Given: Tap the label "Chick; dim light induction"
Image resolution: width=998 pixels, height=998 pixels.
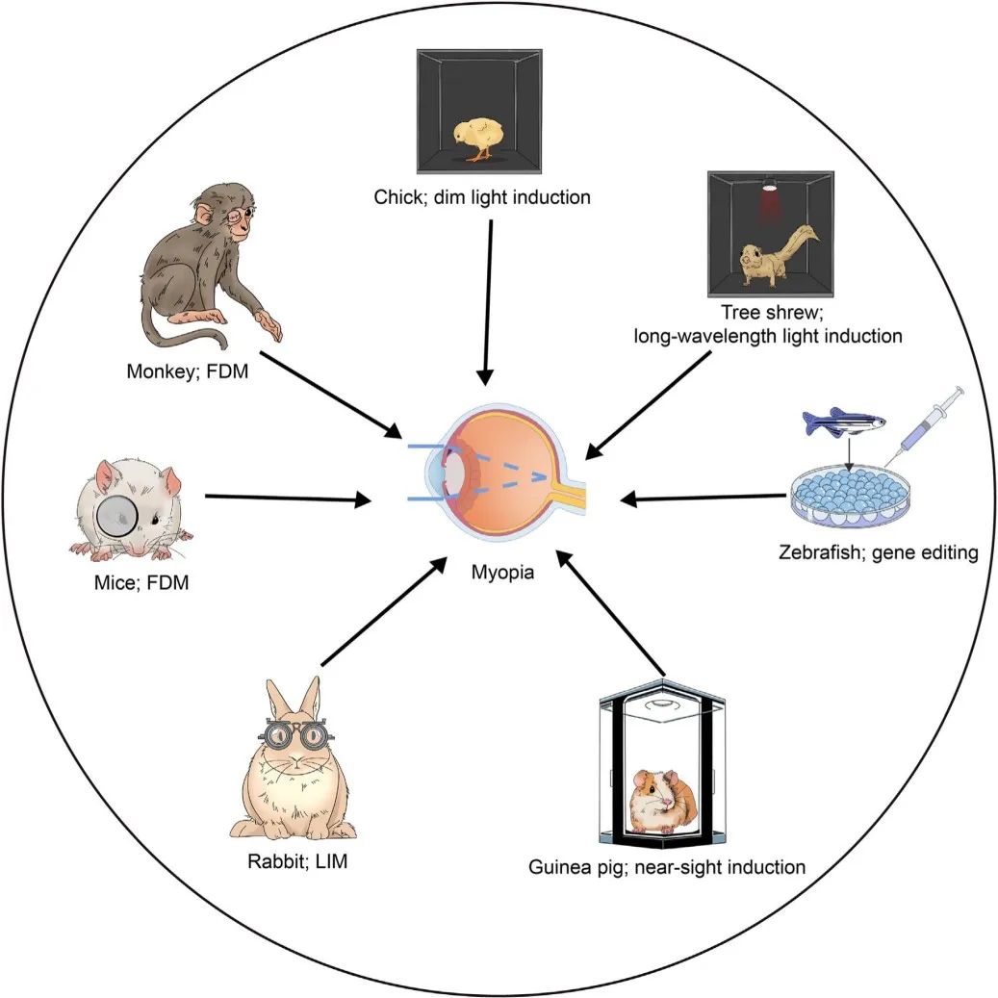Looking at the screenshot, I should pos(482,198).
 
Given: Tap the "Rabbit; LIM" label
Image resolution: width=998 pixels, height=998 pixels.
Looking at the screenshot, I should pos(296,861).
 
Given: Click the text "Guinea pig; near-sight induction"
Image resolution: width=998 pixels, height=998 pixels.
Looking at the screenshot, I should pos(667,867).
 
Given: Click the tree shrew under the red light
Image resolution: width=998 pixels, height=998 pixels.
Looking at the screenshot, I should pos(775,256).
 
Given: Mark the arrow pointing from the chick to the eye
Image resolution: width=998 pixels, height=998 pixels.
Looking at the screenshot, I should pos(488,299).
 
